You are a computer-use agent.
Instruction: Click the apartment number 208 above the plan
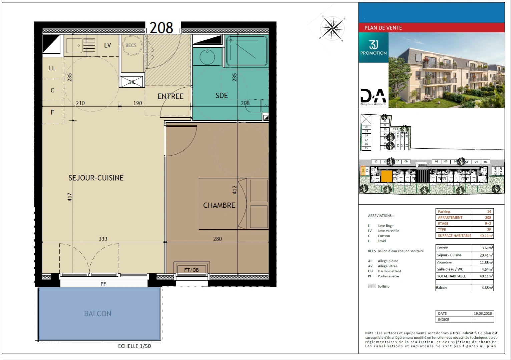click(x=161, y=28)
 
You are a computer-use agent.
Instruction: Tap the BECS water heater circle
click(x=131, y=45)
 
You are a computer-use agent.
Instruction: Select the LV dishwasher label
click(x=107, y=45)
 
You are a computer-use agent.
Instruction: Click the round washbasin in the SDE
click(x=207, y=57)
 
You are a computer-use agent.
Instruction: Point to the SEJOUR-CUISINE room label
click(x=96, y=178)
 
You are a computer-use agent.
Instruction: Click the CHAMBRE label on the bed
click(x=219, y=205)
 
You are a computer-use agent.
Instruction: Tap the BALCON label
click(x=98, y=314)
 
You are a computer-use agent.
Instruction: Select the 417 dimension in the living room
click(x=70, y=197)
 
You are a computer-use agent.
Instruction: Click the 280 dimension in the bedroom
click(x=217, y=239)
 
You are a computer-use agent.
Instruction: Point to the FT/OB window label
click(x=191, y=270)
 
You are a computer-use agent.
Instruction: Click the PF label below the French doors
click(x=103, y=284)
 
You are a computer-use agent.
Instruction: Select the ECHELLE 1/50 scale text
click(x=134, y=346)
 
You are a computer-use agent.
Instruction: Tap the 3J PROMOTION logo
click(x=374, y=47)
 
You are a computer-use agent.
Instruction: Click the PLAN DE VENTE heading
click(x=383, y=28)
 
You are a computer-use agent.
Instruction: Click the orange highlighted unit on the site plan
click(x=387, y=176)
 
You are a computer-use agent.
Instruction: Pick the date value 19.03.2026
click(x=483, y=313)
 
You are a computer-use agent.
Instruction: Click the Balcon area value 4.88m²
click(x=487, y=288)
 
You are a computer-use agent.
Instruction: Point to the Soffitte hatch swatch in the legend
click(x=372, y=286)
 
